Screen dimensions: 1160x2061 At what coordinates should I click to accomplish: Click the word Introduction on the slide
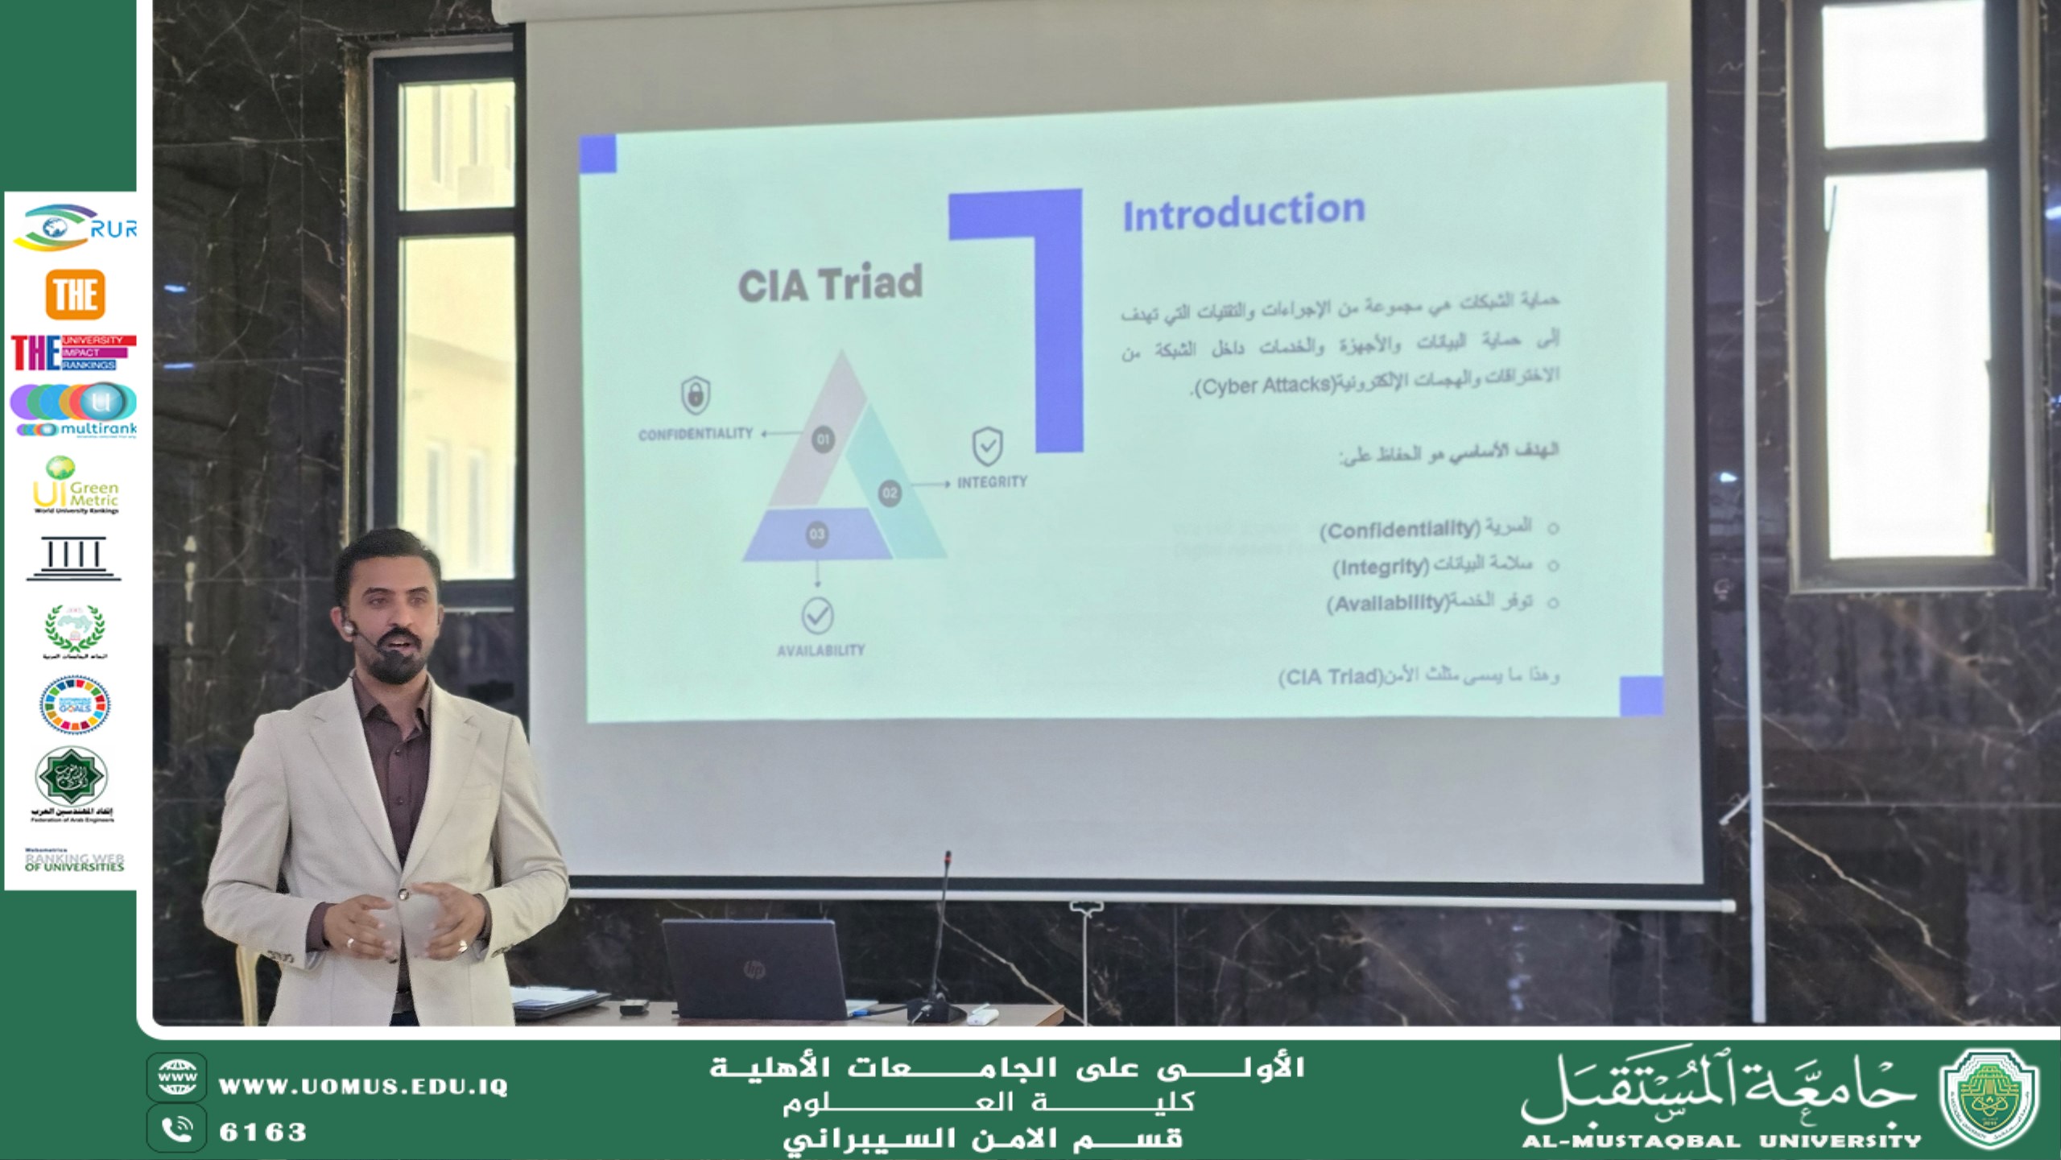1244,213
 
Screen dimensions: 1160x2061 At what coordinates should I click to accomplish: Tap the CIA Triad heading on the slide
830,284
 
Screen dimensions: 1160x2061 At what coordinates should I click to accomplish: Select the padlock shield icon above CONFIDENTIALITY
696,394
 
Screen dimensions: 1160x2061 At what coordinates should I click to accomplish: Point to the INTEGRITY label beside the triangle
992,482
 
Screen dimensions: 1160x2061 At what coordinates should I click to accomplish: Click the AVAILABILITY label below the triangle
820,650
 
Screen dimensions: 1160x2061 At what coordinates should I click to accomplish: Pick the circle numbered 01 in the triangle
823,440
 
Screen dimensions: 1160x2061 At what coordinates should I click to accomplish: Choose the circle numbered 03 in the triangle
816,535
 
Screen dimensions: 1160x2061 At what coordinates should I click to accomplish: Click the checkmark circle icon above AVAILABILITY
818,616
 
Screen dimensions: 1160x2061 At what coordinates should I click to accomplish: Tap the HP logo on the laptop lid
754,968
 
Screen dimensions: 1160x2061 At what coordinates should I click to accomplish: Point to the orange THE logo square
75,294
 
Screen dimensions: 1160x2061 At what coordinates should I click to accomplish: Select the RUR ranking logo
75,228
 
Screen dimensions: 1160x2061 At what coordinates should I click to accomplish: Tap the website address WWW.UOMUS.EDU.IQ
363,1087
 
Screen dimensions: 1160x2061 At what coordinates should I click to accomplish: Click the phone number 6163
263,1133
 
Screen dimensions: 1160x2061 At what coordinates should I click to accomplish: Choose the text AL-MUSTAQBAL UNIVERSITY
1721,1141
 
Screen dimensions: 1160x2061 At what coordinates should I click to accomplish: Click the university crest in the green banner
1989,1098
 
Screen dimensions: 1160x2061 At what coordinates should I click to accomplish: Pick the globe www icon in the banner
177,1077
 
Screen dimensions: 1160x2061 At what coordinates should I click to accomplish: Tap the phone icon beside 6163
177,1130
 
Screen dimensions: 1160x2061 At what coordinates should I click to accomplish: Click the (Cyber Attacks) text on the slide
1266,386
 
